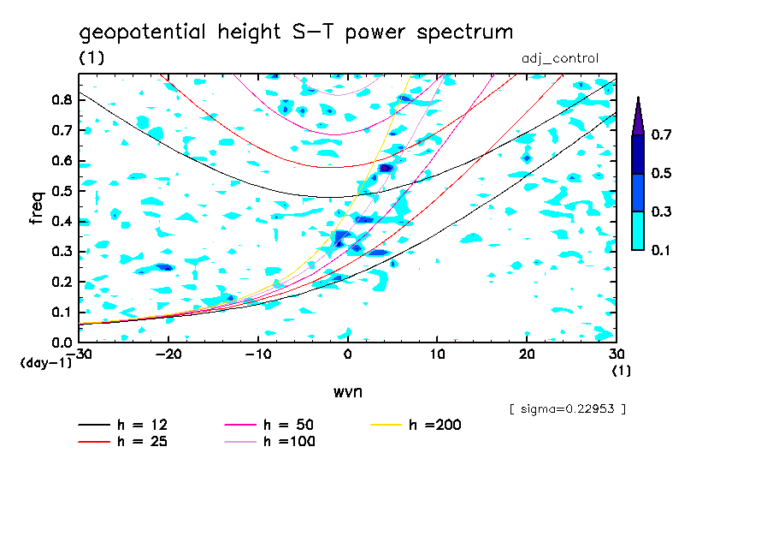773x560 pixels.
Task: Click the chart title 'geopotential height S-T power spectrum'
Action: click(x=296, y=33)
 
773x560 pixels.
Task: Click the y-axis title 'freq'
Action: click(x=37, y=207)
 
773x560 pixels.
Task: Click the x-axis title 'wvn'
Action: click(x=347, y=391)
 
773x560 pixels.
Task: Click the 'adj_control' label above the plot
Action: click(x=559, y=58)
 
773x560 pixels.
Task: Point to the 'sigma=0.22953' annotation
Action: click(x=567, y=409)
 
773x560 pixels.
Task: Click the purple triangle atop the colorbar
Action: click(x=638, y=116)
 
